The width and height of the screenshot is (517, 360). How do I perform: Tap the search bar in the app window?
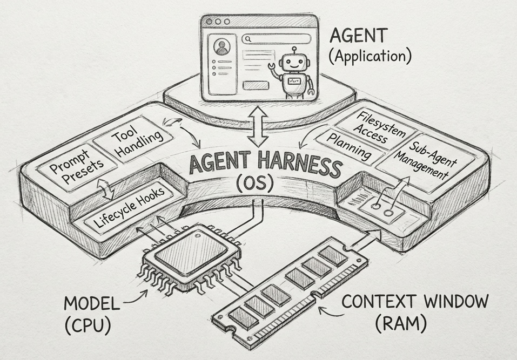(x=277, y=39)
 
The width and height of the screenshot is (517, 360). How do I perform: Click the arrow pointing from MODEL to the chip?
(x=138, y=300)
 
